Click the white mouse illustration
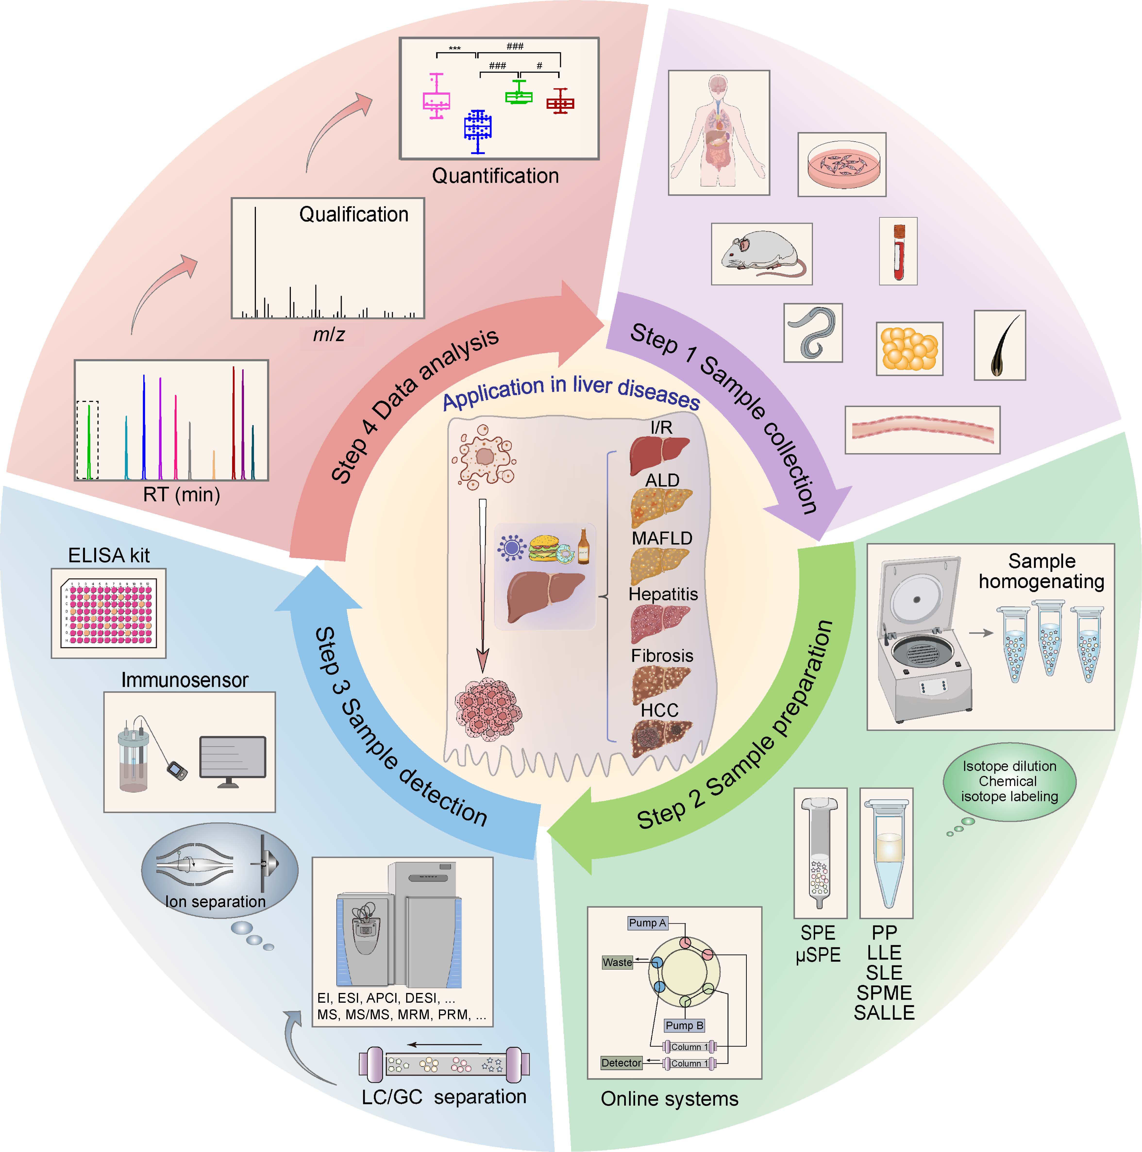(x=762, y=253)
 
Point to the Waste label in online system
(x=617, y=962)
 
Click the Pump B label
(x=684, y=1025)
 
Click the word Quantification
(x=495, y=176)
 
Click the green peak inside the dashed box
(x=89, y=441)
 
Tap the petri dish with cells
(x=841, y=165)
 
